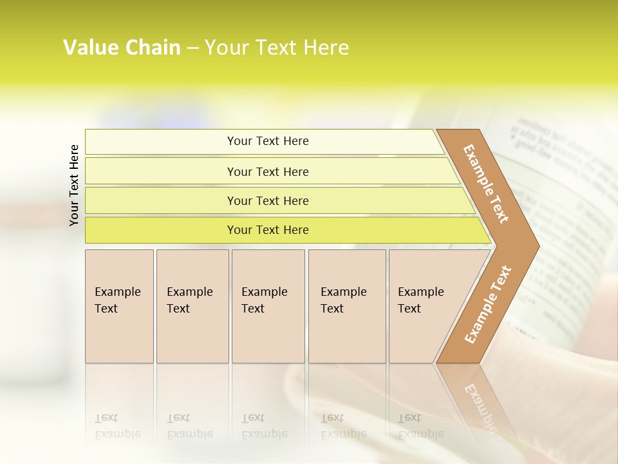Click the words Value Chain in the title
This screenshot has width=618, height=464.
click(122, 48)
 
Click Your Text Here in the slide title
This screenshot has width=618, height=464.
click(277, 48)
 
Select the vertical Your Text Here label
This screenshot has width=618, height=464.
click(74, 185)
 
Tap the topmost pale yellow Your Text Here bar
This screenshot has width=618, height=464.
click(267, 141)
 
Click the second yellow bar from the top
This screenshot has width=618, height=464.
click(267, 171)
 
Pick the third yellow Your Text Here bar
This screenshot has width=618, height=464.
click(267, 200)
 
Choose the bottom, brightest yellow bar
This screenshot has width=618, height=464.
click(267, 230)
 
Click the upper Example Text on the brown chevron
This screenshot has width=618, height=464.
click(486, 184)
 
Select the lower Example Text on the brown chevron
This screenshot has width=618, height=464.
click(488, 304)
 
